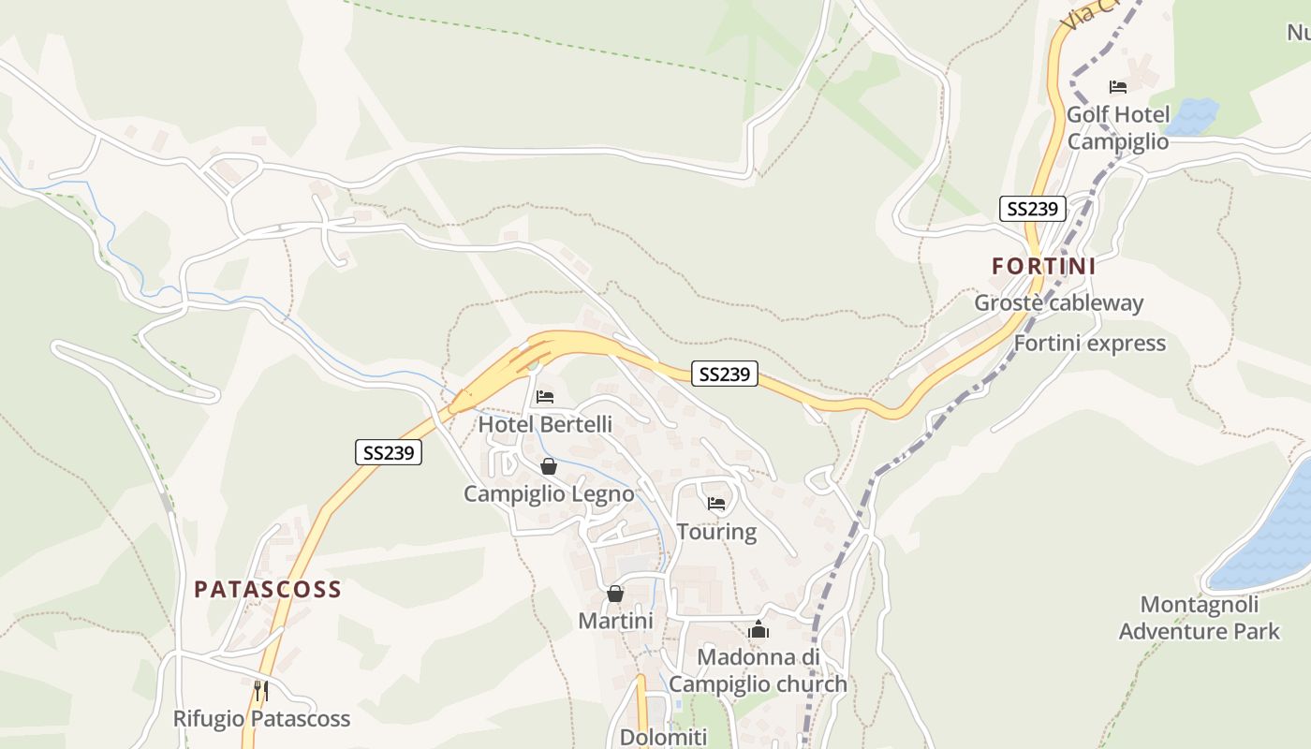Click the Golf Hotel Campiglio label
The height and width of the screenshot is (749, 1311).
pyautogui.click(x=1118, y=128)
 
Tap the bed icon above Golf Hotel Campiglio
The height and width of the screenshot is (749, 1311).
pyautogui.click(x=1117, y=87)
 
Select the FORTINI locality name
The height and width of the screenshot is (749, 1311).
pyautogui.click(x=1043, y=266)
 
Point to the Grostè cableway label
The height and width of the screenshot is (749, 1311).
pyautogui.click(x=1058, y=303)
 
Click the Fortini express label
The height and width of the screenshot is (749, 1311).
pyautogui.click(x=1089, y=344)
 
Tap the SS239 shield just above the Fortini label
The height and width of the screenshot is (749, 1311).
pyautogui.click(x=1033, y=209)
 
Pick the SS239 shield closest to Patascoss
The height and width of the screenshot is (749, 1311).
pyautogui.click(x=389, y=453)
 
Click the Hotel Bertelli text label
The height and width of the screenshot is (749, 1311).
pyautogui.click(x=545, y=424)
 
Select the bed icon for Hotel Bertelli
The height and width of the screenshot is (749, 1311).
pyautogui.click(x=544, y=397)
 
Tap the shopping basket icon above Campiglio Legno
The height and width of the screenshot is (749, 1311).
pyautogui.click(x=549, y=466)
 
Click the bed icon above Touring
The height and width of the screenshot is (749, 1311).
pyautogui.click(x=716, y=504)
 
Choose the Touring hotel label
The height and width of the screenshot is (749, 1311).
pyautogui.click(x=716, y=532)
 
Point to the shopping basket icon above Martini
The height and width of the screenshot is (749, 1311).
pyautogui.click(x=615, y=594)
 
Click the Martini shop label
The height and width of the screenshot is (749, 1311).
pyautogui.click(x=615, y=621)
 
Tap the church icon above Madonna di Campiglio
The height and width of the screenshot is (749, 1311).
pyautogui.click(x=758, y=629)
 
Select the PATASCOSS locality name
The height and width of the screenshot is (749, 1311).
pyautogui.click(x=268, y=590)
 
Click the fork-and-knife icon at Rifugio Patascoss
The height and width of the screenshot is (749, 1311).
pyautogui.click(x=261, y=691)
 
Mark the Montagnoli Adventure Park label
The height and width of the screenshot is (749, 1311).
pyautogui.click(x=1199, y=618)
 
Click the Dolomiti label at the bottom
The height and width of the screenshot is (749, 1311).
pyautogui.click(x=663, y=737)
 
